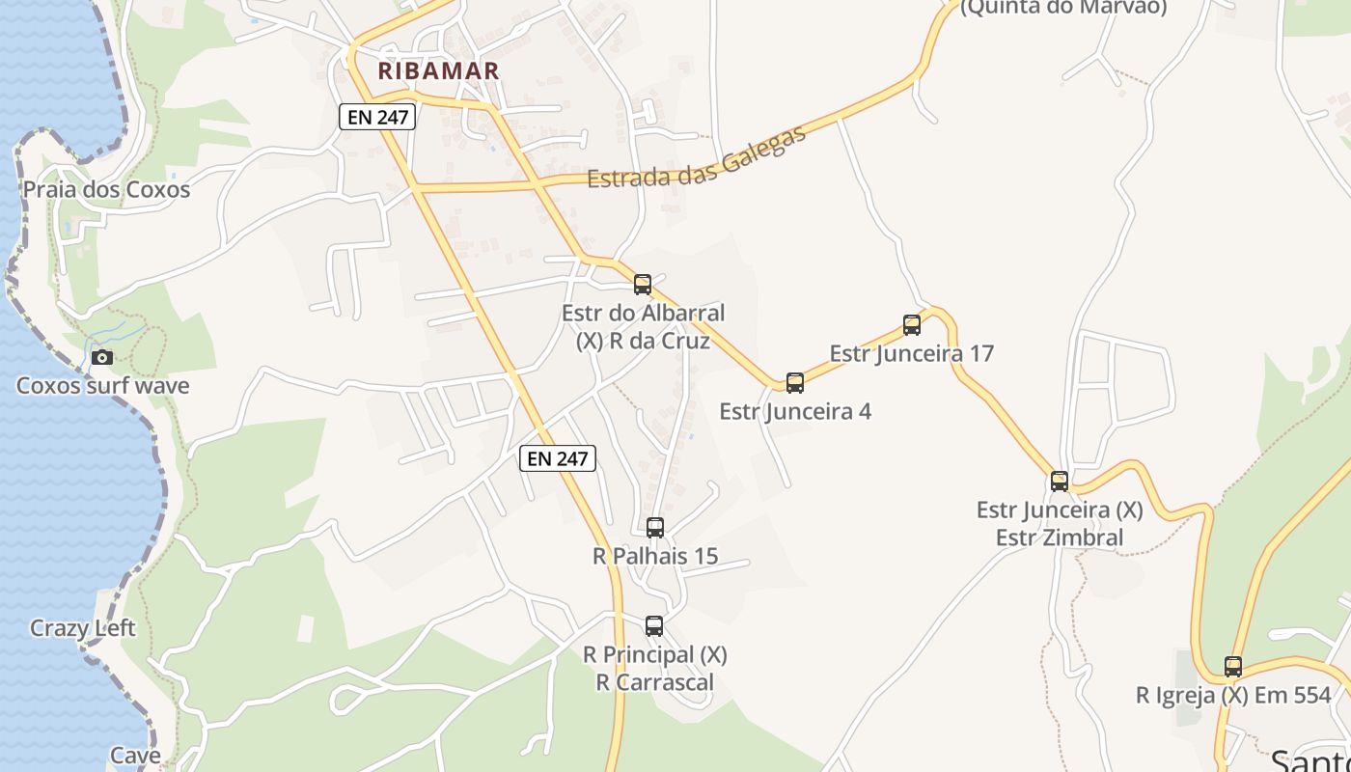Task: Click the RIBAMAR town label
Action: pyautogui.click(x=438, y=70)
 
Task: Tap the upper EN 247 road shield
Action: pyautogui.click(x=377, y=118)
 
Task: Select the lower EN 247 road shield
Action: pyautogui.click(x=558, y=458)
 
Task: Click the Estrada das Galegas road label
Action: pyautogui.click(x=696, y=160)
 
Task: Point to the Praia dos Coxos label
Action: pyautogui.click(x=106, y=189)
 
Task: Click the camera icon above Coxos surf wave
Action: pyautogui.click(x=101, y=358)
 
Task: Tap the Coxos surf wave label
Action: pyautogui.click(x=102, y=386)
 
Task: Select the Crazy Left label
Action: pyautogui.click(x=83, y=628)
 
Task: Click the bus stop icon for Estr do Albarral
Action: pyautogui.click(x=643, y=285)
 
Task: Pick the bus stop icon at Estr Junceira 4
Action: pyautogui.click(x=795, y=383)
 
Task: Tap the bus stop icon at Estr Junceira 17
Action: pyautogui.click(x=912, y=325)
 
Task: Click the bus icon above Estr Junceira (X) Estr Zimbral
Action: pyautogui.click(x=1060, y=482)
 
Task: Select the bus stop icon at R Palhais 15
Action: pyautogui.click(x=655, y=528)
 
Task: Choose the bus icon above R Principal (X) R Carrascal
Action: pyautogui.click(x=654, y=626)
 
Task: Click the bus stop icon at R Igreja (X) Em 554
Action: pyautogui.click(x=1233, y=667)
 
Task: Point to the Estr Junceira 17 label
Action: pyautogui.click(x=911, y=353)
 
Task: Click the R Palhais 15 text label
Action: pyautogui.click(x=655, y=556)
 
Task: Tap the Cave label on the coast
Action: pyautogui.click(x=135, y=755)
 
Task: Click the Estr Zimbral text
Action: pyautogui.click(x=1060, y=538)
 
